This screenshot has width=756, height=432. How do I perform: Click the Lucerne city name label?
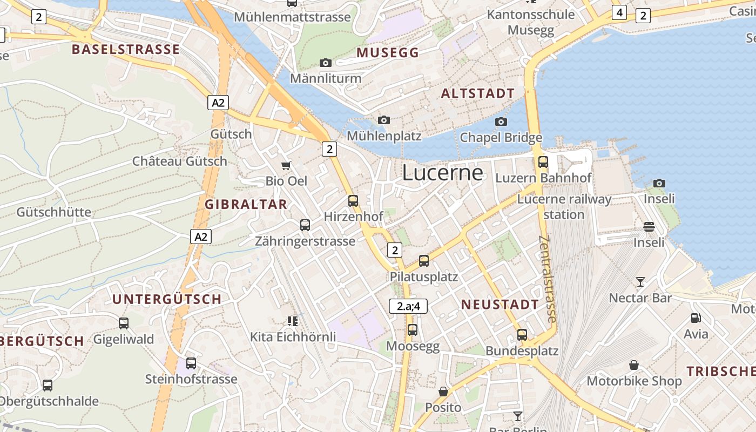coord(442,172)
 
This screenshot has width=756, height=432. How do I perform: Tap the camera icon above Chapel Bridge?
coord(501,122)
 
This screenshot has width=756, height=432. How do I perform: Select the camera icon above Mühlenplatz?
coord(384,120)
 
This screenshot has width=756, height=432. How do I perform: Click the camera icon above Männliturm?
coord(325,63)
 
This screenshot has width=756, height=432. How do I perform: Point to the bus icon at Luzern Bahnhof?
coord(543,161)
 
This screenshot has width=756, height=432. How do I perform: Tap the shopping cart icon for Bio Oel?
coord(286,165)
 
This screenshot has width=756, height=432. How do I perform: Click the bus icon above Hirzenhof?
coord(353,201)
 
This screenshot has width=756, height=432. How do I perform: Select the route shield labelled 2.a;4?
coord(408,306)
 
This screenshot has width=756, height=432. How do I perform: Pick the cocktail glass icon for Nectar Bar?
coord(640,282)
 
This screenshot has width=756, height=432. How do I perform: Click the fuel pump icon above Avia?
coord(696,319)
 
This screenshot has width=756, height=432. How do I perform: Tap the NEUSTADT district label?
coord(500,305)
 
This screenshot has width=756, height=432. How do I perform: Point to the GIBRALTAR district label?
coord(246,204)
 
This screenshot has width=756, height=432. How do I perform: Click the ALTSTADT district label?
coord(478,93)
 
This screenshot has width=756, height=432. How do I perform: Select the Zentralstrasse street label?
coord(548,279)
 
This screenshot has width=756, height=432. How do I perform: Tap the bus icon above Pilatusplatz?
coord(424,261)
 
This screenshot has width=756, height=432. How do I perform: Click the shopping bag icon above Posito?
coord(443,391)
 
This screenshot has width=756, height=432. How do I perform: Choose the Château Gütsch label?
coord(180,161)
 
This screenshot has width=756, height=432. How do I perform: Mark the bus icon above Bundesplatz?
coord(522,335)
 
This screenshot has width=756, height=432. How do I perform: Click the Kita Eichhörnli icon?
coord(293,321)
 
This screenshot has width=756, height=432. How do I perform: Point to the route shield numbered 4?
coord(619,12)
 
